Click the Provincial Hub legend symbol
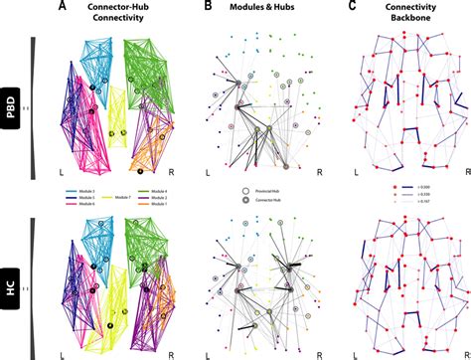(x=245, y=188)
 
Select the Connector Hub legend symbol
(x=245, y=199)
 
